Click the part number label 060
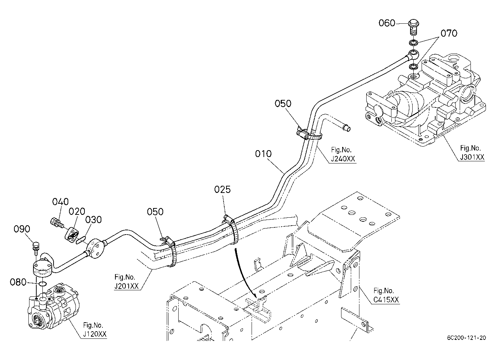387,23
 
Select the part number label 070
449,33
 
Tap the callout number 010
263,154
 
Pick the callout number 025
222,189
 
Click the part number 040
60,202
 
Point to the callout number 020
77,212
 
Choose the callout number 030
93,220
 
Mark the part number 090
22,229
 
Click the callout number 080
18,282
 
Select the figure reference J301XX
472,157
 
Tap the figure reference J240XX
343,159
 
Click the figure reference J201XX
127,286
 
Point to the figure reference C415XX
386,300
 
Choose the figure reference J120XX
95,334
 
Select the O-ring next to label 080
43,283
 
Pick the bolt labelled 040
57,222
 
